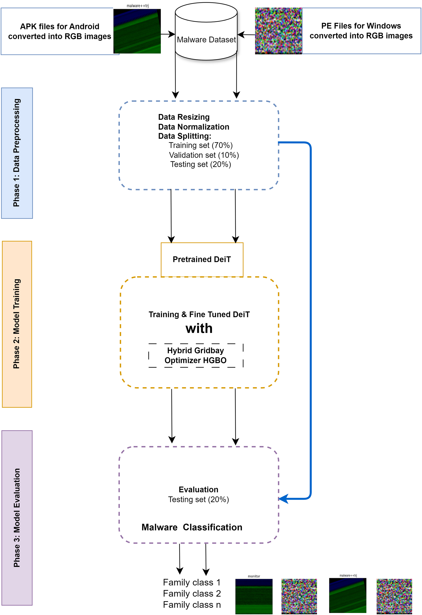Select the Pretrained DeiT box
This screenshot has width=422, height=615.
point(202,259)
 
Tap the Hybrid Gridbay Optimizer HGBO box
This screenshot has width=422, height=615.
point(196,355)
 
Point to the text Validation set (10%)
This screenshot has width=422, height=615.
point(204,155)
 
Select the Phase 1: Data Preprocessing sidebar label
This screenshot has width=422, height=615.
point(17,153)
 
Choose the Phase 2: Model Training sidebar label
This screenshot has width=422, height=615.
point(17,324)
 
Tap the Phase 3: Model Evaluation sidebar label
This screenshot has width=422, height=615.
point(17,518)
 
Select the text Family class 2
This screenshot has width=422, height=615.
point(192,594)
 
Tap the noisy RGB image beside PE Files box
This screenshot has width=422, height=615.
point(278,31)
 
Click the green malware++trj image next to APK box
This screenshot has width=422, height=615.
point(137,31)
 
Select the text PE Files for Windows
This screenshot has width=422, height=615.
point(361,26)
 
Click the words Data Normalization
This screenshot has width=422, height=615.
point(194,127)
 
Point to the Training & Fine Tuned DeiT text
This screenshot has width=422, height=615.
point(199,314)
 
